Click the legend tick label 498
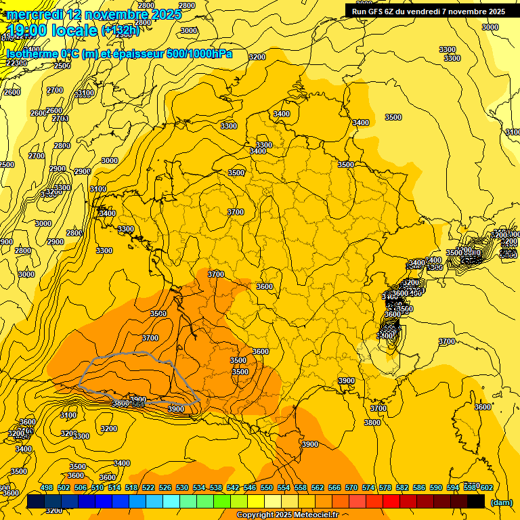point(47,487)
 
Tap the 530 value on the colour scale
point(182,487)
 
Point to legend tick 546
point(250,487)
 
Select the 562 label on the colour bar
point(318,487)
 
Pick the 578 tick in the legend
point(385,487)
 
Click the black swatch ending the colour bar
point(476,502)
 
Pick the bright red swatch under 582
point(391,502)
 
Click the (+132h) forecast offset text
point(120,30)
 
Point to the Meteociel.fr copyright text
point(288,515)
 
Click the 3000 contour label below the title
point(189,30)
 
